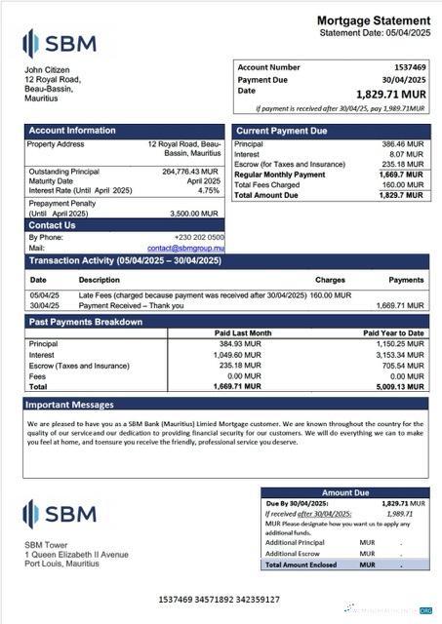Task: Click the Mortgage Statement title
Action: pos(374,20)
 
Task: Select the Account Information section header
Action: pos(72,131)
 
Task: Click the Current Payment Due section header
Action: pos(281,131)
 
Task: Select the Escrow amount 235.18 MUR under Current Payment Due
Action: pos(402,164)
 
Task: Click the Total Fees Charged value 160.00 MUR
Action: pos(402,184)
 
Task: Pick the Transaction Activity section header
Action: pos(124,261)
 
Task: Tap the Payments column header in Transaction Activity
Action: pos(406,280)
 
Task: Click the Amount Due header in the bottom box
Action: pos(343,493)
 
